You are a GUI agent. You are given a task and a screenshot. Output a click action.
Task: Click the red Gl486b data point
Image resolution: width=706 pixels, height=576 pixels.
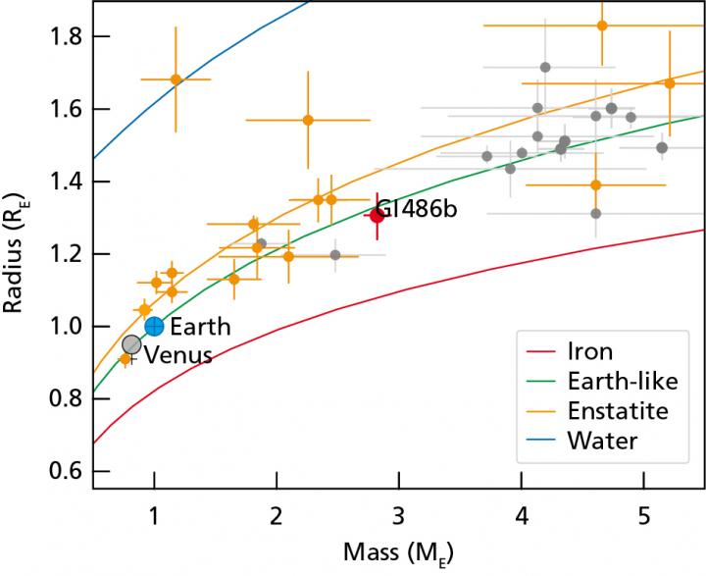[377, 216]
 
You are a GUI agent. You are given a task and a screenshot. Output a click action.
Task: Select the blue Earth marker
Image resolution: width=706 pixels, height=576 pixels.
[154, 326]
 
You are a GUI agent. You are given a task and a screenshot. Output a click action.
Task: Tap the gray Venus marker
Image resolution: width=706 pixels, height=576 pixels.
[131, 344]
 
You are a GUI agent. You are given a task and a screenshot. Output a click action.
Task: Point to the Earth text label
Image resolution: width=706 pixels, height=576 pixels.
[200, 327]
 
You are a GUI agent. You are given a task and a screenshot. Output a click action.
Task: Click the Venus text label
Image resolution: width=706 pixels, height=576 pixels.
[178, 356]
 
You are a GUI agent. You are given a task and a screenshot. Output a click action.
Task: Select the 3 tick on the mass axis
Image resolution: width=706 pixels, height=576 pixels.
[398, 517]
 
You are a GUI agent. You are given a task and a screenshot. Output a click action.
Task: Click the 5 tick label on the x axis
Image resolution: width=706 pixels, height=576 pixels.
[643, 517]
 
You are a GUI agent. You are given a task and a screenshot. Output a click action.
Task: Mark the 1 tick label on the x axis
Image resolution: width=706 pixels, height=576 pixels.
[154, 517]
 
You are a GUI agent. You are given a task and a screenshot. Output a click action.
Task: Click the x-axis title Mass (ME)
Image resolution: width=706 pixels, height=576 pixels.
[398, 553]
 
